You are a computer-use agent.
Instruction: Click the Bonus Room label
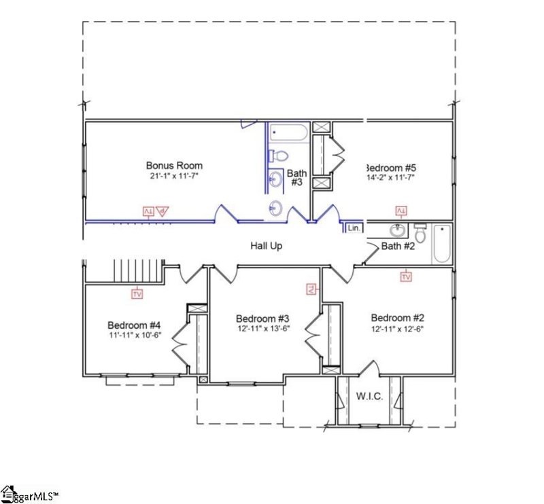click(x=174, y=165)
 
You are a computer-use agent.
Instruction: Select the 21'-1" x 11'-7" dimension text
click(x=174, y=176)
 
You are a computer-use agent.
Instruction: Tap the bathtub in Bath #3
click(x=288, y=132)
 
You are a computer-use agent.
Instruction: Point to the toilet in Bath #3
click(x=275, y=156)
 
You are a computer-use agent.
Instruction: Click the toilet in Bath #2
click(x=420, y=234)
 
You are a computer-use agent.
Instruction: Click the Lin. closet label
click(x=354, y=229)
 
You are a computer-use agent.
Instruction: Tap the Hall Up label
click(x=266, y=246)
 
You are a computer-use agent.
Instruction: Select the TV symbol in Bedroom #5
click(x=401, y=211)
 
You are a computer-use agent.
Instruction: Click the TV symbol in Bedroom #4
click(x=137, y=294)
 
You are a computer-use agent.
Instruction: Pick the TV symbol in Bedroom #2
click(x=406, y=276)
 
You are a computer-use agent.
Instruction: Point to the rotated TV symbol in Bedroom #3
click(x=311, y=289)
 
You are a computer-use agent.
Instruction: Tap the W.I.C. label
click(x=368, y=395)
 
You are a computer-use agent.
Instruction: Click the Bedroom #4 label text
click(x=134, y=324)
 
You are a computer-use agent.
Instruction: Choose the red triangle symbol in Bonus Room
click(x=162, y=211)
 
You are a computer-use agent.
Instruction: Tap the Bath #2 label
click(x=398, y=246)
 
